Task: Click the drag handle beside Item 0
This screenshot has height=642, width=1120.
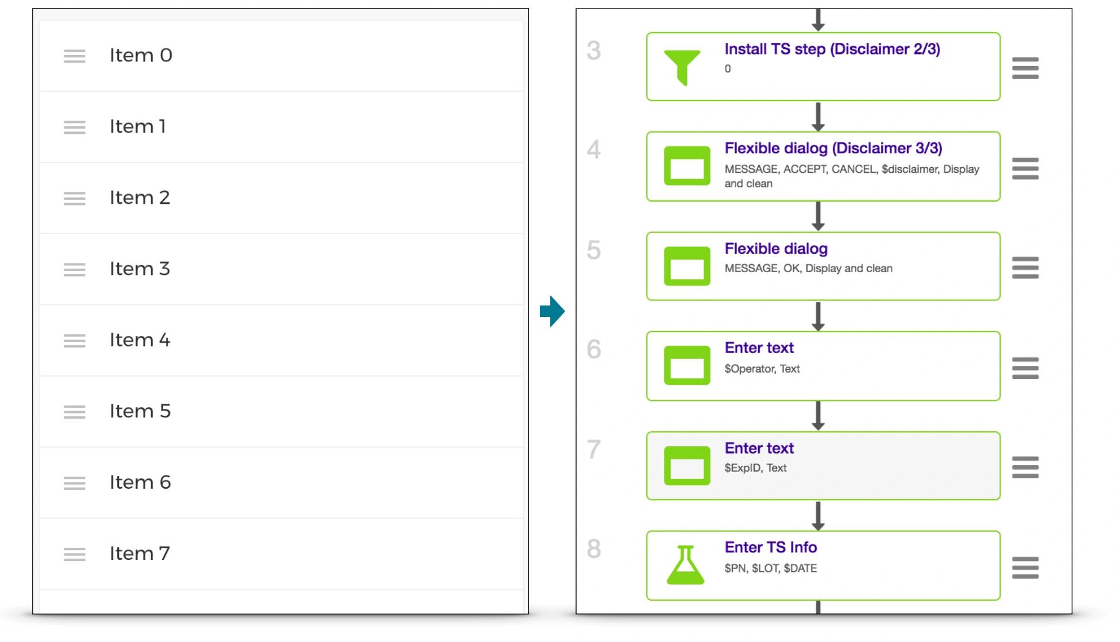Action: click(75, 56)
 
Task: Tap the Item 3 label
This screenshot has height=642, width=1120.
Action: click(140, 269)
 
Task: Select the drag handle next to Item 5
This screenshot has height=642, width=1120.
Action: click(75, 412)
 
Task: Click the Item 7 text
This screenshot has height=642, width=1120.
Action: click(140, 554)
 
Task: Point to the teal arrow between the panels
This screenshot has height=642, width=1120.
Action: click(553, 311)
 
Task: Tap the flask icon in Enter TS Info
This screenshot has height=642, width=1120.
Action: click(685, 565)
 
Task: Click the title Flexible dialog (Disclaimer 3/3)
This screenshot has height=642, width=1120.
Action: click(833, 148)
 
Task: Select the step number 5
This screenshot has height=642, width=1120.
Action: click(594, 250)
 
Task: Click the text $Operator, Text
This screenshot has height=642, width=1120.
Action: click(762, 369)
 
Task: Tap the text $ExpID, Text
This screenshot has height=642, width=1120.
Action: click(755, 468)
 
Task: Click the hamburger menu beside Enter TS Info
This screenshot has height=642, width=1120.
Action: click(1025, 567)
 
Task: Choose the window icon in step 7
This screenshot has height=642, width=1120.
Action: click(687, 466)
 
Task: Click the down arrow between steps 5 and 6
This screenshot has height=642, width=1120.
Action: click(818, 316)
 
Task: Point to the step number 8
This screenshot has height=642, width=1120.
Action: click(594, 549)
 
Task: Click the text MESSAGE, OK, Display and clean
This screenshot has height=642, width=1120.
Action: click(809, 268)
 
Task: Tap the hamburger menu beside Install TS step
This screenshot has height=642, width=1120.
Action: click(1025, 68)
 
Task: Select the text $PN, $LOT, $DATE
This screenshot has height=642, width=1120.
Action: click(771, 568)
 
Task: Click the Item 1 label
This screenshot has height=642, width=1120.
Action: click(138, 126)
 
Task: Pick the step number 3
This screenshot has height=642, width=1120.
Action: click(594, 51)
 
